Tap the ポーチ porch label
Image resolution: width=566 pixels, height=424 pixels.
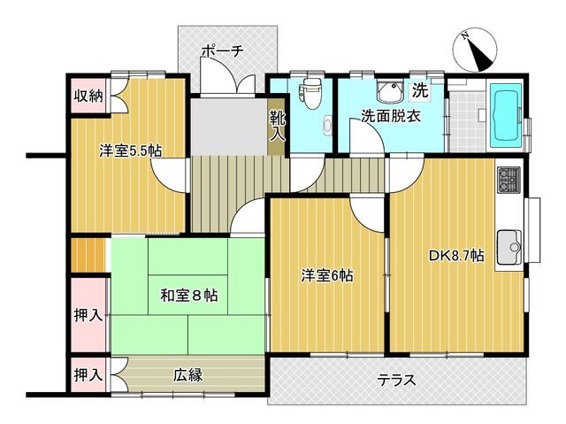tap(221, 50)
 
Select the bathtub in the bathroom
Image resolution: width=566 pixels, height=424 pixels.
tap(507, 117)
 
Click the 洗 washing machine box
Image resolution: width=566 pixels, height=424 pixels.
tap(420, 89)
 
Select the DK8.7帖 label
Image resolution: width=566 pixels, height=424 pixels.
tap(456, 256)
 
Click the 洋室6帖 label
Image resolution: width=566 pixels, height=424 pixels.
tap(327, 276)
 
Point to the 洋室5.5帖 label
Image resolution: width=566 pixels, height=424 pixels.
tap(129, 150)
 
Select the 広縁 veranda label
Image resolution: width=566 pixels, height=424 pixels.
tap(187, 375)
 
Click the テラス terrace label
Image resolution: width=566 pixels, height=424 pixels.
tap(397, 381)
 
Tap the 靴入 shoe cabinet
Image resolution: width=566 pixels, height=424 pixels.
tap(277, 126)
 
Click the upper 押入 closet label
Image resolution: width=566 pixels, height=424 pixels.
tap(88, 315)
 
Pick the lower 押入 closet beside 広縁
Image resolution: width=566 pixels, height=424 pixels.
tap(88, 374)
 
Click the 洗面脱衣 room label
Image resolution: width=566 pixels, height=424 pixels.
tap(389, 116)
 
